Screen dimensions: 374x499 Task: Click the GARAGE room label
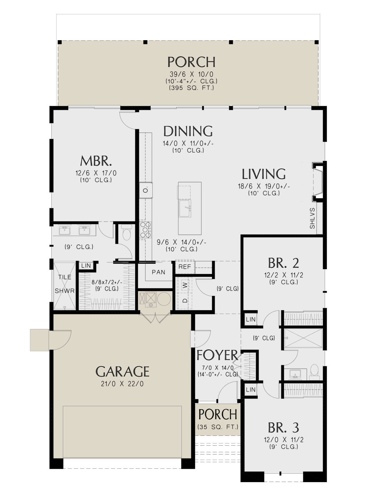click(x=122, y=372)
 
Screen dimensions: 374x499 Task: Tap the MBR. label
click(x=96, y=161)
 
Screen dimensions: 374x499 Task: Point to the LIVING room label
click(x=264, y=174)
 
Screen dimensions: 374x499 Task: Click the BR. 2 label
click(x=283, y=263)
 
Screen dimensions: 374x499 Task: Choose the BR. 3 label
click(x=283, y=428)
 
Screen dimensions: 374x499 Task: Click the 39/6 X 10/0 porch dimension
click(x=191, y=74)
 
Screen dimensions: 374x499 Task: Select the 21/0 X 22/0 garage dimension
click(x=122, y=384)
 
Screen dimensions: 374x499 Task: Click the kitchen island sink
click(x=185, y=209)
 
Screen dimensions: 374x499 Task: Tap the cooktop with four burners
click(x=146, y=230)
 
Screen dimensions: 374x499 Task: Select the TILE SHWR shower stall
click(x=65, y=286)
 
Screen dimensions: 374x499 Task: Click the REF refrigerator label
click(x=185, y=267)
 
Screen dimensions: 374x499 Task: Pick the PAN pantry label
click(x=159, y=272)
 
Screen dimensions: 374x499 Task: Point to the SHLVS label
click(x=312, y=218)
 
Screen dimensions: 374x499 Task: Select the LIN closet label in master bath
click(x=86, y=266)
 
